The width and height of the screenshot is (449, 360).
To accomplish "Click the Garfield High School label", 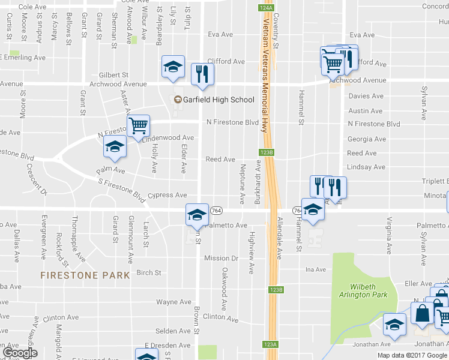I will (220, 100).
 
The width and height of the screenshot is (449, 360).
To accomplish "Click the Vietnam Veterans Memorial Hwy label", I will (265, 75).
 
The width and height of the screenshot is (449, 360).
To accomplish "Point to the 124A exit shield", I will (267, 8).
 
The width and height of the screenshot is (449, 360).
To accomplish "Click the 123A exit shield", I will (270, 344).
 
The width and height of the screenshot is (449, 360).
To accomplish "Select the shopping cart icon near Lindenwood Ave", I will (138, 126).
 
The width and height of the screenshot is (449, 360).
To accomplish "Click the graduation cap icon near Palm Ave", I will (114, 146).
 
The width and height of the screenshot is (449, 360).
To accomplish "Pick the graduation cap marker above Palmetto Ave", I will (196, 215).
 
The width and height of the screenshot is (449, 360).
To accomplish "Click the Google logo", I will (19, 353).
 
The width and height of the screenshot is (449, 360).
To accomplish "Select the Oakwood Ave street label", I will (224, 289).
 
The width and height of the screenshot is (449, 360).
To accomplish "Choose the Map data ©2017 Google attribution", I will (412, 355).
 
